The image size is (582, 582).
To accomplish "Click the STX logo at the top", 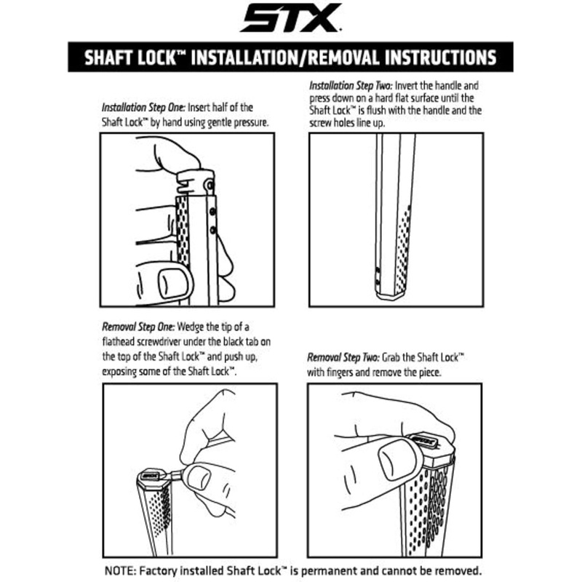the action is tap(290, 17).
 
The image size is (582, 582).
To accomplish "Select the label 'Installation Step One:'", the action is tap(143, 108).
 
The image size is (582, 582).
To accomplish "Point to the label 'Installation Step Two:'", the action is tap(351, 86).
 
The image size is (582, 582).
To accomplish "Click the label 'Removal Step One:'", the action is tap(138, 327).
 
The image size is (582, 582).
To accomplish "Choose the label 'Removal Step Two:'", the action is tap(343, 357).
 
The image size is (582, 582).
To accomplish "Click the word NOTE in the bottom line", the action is tap(119, 570).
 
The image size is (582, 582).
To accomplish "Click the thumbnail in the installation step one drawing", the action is tap(173, 283).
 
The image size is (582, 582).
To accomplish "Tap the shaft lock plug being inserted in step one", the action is tap(195, 183).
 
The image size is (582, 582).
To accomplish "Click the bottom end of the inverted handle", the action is tap(390, 296).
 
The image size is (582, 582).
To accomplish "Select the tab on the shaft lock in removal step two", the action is tap(423, 439).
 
